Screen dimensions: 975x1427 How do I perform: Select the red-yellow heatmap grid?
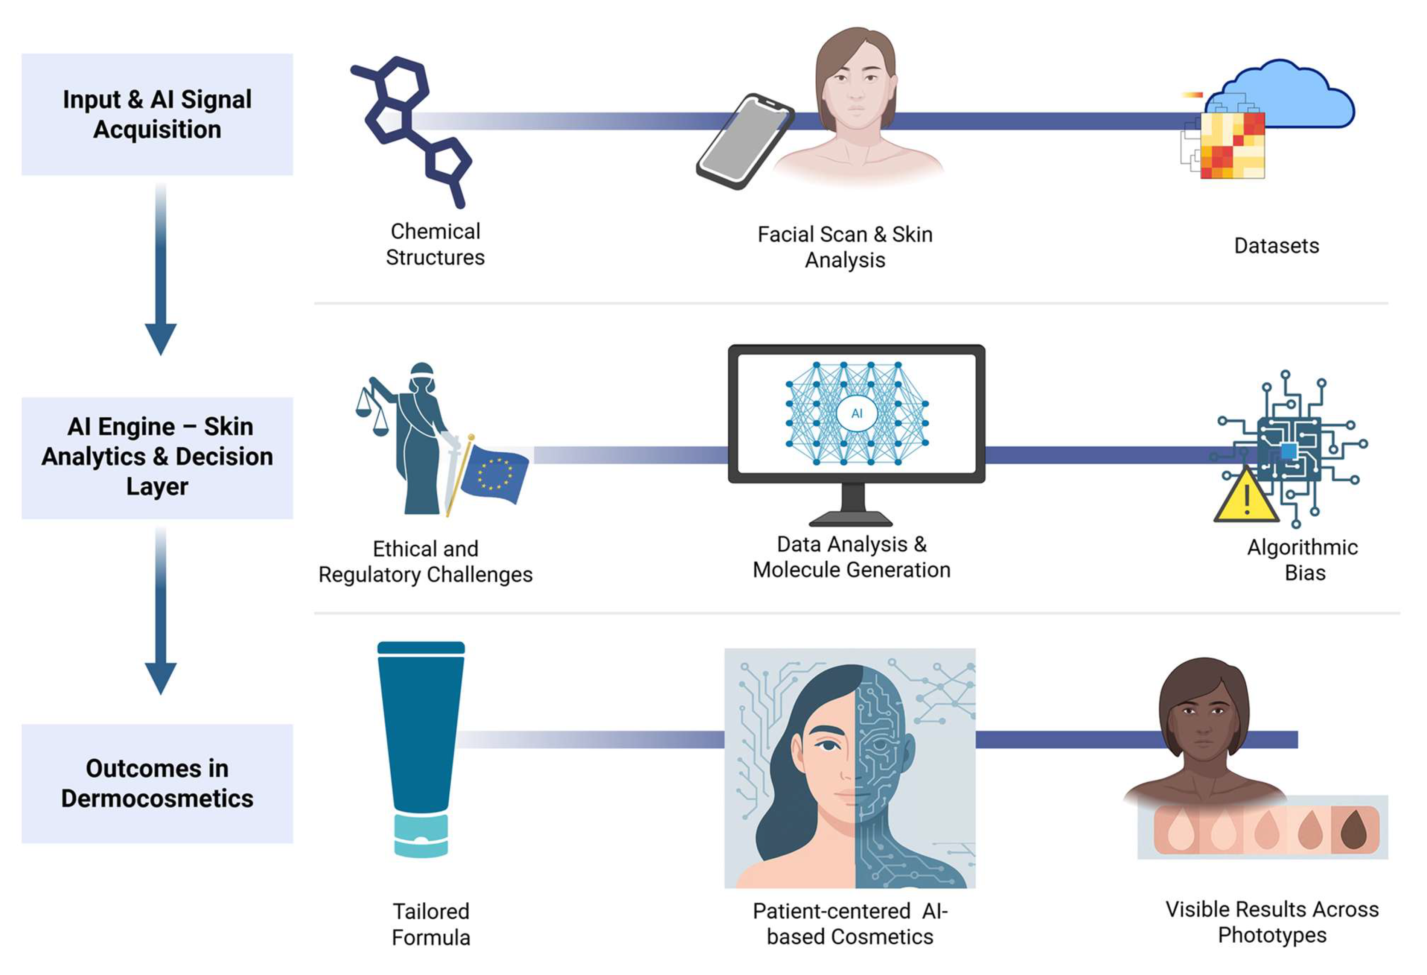(1232, 146)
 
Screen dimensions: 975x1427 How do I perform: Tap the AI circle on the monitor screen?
(857, 413)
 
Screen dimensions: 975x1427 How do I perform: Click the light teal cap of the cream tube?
(420, 835)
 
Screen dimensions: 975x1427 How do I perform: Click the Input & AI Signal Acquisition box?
(157, 114)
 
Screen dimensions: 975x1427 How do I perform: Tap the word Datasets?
(1276, 246)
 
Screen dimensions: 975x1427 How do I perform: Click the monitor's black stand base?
(850, 519)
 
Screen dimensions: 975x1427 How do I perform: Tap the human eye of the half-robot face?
(828, 745)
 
